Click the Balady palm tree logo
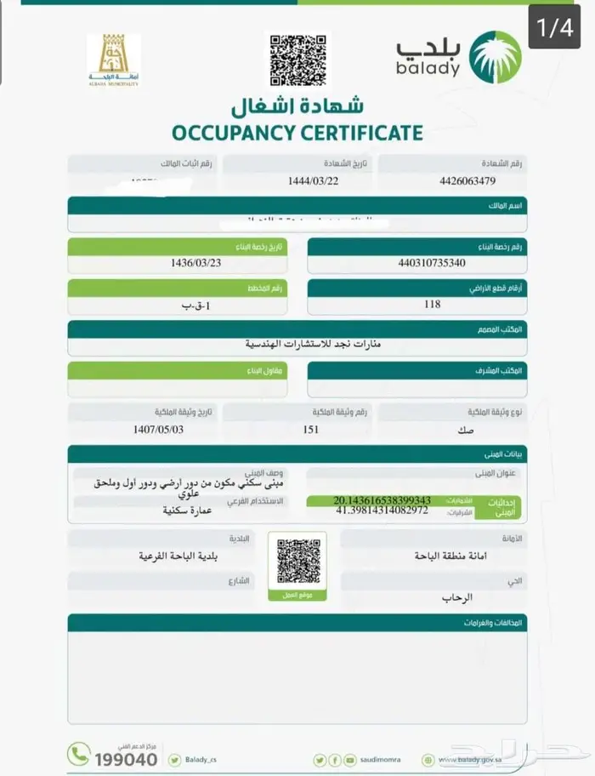point(496,55)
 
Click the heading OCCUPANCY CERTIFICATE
point(297,133)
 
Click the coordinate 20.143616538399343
point(382,500)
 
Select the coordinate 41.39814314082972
point(382,511)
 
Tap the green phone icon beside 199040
point(79,754)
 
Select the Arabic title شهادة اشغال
point(297,106)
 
